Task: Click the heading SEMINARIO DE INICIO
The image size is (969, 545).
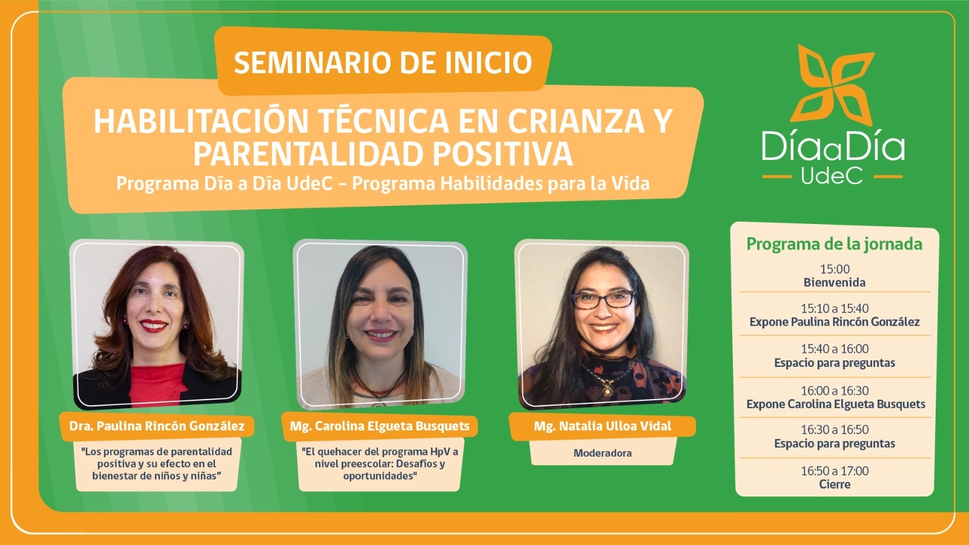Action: click(383, 63)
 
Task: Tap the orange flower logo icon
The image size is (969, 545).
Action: click(833, 85)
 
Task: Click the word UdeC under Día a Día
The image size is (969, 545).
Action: click(832, 176)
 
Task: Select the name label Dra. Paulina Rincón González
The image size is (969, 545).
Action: click(157, 426)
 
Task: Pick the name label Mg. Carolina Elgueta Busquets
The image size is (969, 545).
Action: click(379, 426)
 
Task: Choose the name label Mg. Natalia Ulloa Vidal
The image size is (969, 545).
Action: click(602, 426)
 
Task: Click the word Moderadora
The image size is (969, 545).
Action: click(602, 453)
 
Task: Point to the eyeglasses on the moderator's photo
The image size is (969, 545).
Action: click(604, 299)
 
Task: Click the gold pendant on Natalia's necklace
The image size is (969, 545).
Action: click(607, 391)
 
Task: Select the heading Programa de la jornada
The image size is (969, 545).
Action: click(834, 244)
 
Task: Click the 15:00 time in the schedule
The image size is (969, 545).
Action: click(835, 269)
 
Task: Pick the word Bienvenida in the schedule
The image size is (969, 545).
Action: click(835, 282)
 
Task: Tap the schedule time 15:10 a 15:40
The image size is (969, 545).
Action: click(835, 308)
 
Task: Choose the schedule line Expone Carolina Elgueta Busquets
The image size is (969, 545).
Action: click(836, 404)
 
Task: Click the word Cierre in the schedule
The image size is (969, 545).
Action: click(835, 484)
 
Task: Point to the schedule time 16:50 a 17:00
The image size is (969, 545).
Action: click(835, 471)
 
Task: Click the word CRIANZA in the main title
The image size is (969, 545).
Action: click(576, 121)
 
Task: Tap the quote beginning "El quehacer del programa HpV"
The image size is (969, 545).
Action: click(380, 464)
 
